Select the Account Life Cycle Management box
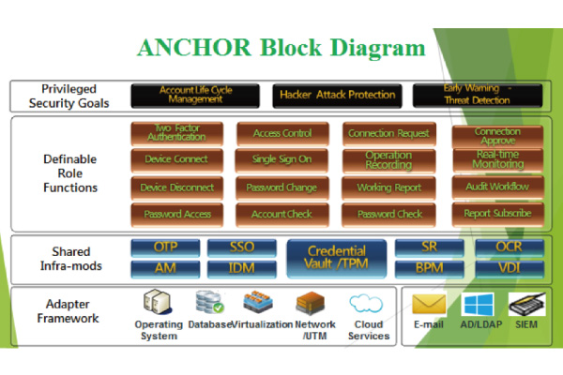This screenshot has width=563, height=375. click(195, 95)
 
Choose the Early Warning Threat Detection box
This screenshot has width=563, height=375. click(477, 95)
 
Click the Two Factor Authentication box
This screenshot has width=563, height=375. click(176, 133)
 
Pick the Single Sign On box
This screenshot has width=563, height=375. click(281, 159)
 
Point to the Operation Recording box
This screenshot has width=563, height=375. click(388, 159)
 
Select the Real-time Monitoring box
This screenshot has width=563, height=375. click(497, 159)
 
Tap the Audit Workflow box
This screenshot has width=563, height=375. click(497, 187)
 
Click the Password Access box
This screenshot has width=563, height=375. click(176, 214)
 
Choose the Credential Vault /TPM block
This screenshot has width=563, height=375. click(336, 258)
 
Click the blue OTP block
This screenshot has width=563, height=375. click(164, 248)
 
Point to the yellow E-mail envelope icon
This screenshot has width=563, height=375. click(429, 306)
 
